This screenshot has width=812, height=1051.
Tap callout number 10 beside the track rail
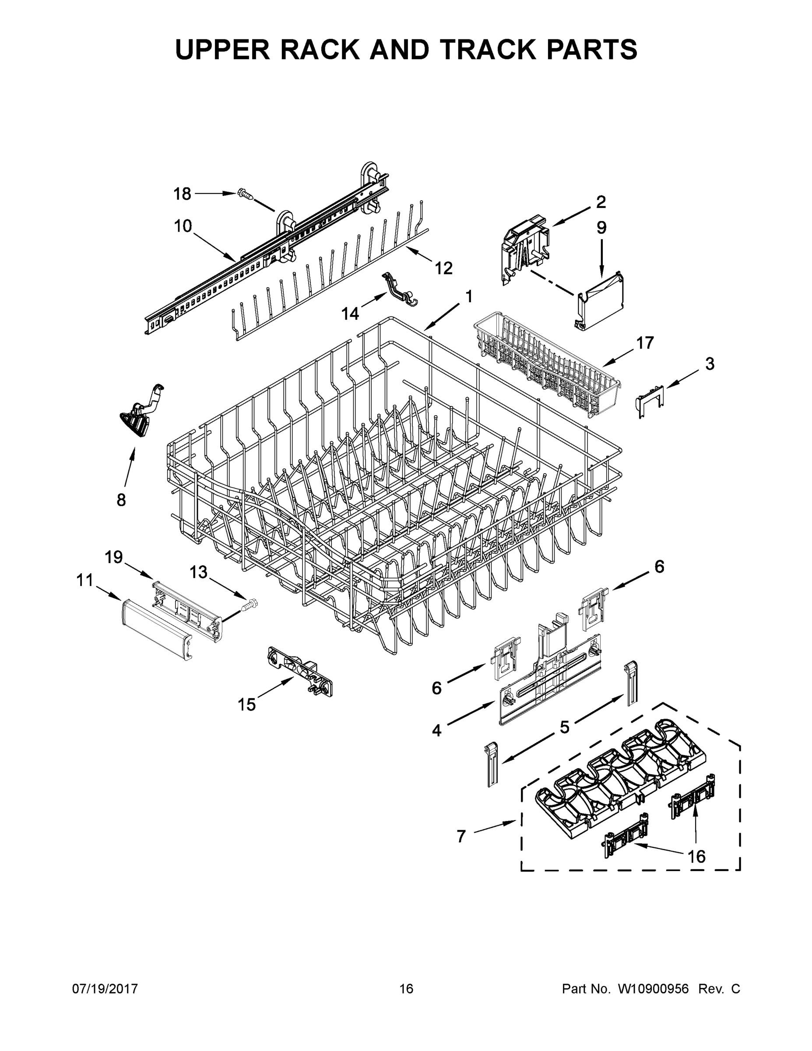click(183, 226)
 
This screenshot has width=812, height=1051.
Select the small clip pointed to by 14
click(399, 290)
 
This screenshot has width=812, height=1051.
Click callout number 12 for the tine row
click(443, 268)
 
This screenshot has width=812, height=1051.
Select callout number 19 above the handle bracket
click(114, 557)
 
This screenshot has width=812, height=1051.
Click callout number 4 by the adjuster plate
click(436, 730)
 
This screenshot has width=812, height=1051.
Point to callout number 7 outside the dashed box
click(461, 836)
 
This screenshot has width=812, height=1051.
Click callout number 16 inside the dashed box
click(696, 856)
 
